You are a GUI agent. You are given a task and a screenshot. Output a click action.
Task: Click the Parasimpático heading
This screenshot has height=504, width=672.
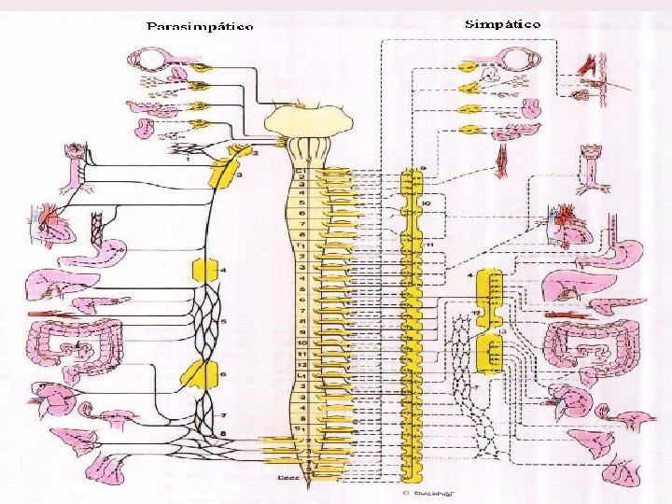[199, 26]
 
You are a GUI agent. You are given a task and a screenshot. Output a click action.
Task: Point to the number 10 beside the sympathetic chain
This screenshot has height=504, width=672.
[425, 203]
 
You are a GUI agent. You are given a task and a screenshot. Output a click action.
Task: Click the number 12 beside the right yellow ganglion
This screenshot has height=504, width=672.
[475, 312]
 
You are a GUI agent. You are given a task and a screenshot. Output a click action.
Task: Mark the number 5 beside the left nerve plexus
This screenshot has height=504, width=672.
[223, 322]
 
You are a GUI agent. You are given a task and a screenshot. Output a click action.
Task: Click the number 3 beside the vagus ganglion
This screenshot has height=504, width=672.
[240, 175]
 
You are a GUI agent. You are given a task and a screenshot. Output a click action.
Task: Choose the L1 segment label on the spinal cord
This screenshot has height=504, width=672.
[302, 373]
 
